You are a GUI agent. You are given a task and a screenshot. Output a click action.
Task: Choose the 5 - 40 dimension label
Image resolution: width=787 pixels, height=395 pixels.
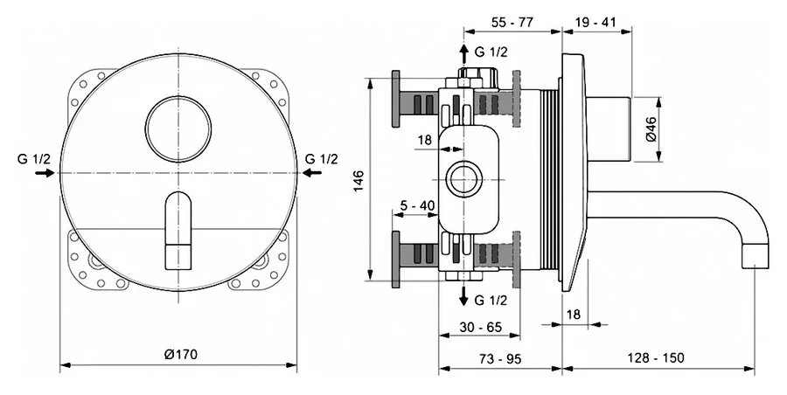coord(416,205)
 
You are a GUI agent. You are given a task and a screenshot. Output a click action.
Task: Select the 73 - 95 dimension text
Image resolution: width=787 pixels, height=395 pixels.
coord(499,357)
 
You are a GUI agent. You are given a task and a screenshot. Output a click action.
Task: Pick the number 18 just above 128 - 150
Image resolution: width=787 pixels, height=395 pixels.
coord(574,313)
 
